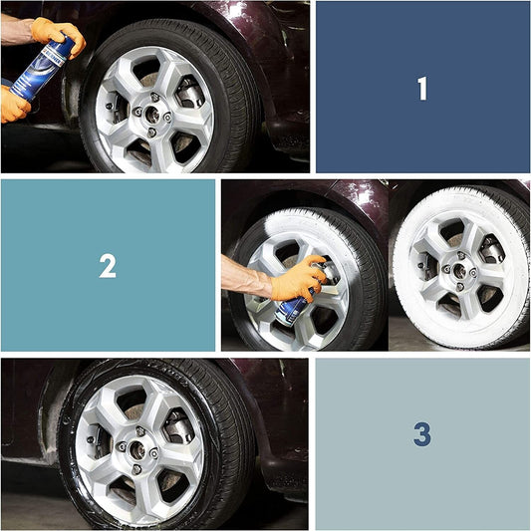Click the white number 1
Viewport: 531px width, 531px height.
click(x=422, y=89)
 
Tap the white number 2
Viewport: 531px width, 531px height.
click(x=108, y=266)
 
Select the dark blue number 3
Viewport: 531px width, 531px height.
click(x=422, y=433)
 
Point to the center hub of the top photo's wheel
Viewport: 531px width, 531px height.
click(x=152, y=115)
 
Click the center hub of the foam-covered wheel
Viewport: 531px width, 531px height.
click(x=459, y=271)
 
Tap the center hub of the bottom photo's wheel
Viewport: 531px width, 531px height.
click(x=137, y=450)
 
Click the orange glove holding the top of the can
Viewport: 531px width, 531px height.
click(x=59, y=36)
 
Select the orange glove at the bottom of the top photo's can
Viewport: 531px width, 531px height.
click(x=14, y=105)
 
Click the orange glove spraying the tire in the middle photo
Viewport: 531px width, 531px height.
click(x=298, y=278)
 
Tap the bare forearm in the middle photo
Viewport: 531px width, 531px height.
click(x=246, y=277)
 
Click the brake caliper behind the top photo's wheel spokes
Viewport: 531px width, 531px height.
click(x=189, y=92)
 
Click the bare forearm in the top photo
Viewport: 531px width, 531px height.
click(x=17, y=31)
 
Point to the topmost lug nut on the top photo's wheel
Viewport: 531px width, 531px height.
click(x=154, y=98)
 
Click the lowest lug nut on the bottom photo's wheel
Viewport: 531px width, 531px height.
click(x=136, y=469)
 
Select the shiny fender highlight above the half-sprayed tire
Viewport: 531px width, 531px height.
click(x=366, y=194)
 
